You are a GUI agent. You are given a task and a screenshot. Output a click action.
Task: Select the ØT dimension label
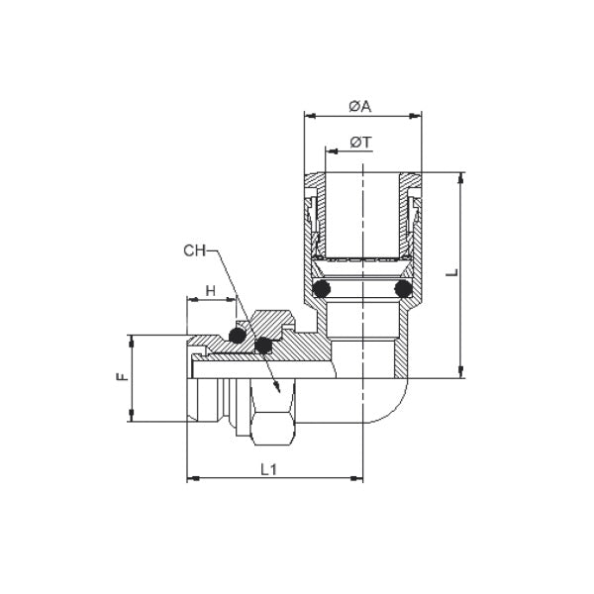coord(360,143)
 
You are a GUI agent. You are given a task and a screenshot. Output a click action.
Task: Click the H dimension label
coord(209,290)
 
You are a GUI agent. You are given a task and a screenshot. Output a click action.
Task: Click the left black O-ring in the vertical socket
coord(322,288)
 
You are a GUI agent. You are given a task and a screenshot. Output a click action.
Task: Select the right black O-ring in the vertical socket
coord(402,288)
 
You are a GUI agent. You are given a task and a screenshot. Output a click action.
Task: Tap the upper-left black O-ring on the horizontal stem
coord(238,335)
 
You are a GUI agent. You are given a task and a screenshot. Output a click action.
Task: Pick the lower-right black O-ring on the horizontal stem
coord(263,346)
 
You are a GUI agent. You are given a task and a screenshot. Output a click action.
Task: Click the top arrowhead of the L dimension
coord(461,178)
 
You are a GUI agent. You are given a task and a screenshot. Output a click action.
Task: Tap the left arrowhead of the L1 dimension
coord(192,480)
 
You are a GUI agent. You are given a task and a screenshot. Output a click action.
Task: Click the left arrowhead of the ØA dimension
coord(309,117)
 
